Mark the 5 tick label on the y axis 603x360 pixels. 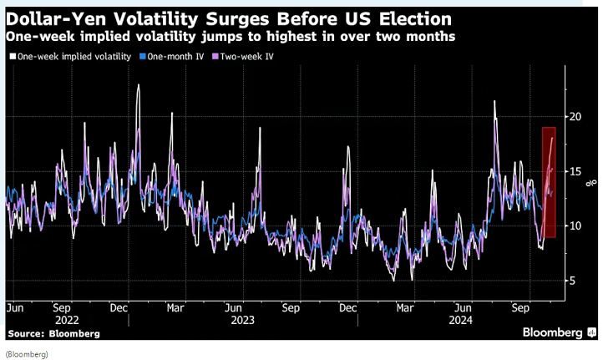[573, 281]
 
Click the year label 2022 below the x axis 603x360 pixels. [67, 319]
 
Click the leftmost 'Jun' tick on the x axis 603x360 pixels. [15, 307]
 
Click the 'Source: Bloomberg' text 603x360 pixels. [53, 332]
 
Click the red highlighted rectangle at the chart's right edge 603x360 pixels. [549, 182]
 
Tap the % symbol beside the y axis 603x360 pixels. [591, 181]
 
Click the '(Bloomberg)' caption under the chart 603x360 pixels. [27, 353]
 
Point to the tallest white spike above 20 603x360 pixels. [495, 102]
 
